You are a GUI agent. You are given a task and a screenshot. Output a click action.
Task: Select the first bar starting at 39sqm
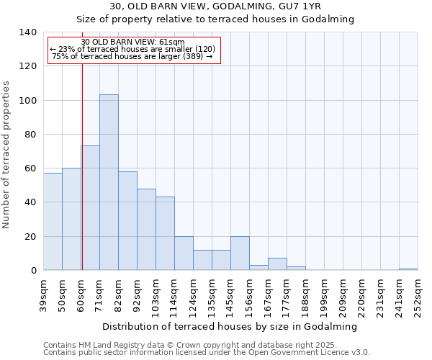click(x=53, y=222)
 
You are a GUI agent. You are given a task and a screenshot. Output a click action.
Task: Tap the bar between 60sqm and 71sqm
click(x=90, y=208)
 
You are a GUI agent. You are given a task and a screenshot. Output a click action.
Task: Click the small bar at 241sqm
click(x=408, y=269)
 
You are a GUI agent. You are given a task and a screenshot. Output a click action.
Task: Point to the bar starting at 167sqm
click(x=277, y=264)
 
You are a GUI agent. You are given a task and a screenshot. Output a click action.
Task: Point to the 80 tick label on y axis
click(x=30, y=135)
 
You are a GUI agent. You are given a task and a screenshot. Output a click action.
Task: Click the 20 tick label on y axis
click(x=30, y=237)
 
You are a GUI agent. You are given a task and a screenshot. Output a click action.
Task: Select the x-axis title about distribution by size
click(x=235, y=326)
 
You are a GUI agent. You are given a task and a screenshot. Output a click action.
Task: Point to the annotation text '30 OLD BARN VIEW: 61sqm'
click(x=133, y=42)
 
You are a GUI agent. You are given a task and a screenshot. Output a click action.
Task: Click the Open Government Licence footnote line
click(x=207, y=353)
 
